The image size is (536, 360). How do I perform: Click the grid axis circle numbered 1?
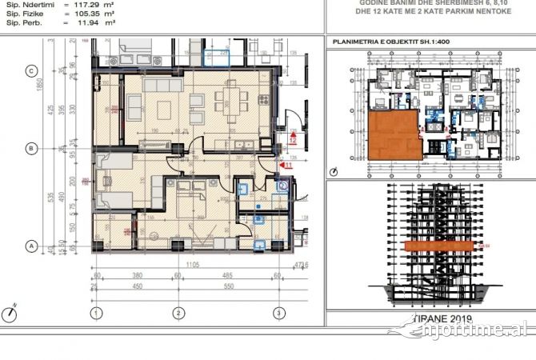[x=97, y=313]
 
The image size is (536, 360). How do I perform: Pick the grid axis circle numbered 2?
[x=179, y=313]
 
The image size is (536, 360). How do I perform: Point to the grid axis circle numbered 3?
[x=278, y=313]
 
